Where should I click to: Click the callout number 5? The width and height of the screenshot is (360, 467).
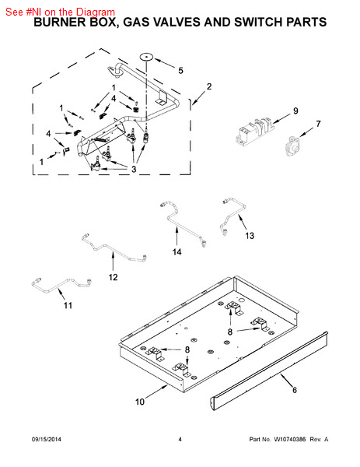(x=180, y=71)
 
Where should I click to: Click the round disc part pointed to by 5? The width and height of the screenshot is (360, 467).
(x=146, y=56)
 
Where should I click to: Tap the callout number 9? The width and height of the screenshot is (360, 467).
(x=295, y=111)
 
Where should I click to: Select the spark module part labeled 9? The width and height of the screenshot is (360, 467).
(x=255, y=132)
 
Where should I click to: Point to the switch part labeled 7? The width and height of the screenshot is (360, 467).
(x=292, y=146)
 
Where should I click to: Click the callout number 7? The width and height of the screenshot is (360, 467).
(x=318, y=124)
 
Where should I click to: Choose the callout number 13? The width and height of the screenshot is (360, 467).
(x=250, y=236)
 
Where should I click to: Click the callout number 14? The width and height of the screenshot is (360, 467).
(x=177, y=252)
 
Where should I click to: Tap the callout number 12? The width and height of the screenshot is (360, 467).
(x=113, y=277)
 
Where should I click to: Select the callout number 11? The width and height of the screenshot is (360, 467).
(x=68, y=305)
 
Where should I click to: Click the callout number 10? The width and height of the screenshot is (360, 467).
(x=139, y=402)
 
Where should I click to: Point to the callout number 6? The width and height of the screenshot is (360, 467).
(x=295, y=390)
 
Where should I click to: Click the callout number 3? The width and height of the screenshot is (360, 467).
(x=134, y=169)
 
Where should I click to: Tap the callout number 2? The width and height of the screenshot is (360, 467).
(x=209, y=86)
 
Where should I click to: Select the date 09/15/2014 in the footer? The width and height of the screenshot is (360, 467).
(x=47, y=439)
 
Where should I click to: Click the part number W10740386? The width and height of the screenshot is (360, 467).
(x=289, y=439)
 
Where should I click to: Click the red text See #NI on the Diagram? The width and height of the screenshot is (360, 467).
(x=60, y=12)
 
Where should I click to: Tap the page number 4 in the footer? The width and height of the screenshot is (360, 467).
(x=180, y=439)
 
